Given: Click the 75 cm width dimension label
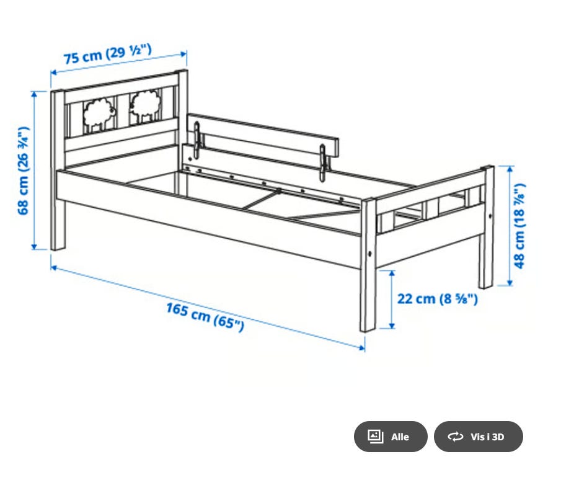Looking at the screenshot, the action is (x=108, y=54).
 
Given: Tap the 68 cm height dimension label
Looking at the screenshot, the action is (x=24, y=171).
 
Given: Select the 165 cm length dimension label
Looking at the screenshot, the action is (x=205, y=317).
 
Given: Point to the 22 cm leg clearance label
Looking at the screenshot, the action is (x=437, y=299).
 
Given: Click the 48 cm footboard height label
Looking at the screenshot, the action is (x=519, y=226).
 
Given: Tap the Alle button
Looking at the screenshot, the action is (x=391, y=437).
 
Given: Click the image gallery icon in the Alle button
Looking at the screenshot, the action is (x=375, y=437).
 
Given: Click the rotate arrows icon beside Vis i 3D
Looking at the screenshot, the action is (x=456, y=437).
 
